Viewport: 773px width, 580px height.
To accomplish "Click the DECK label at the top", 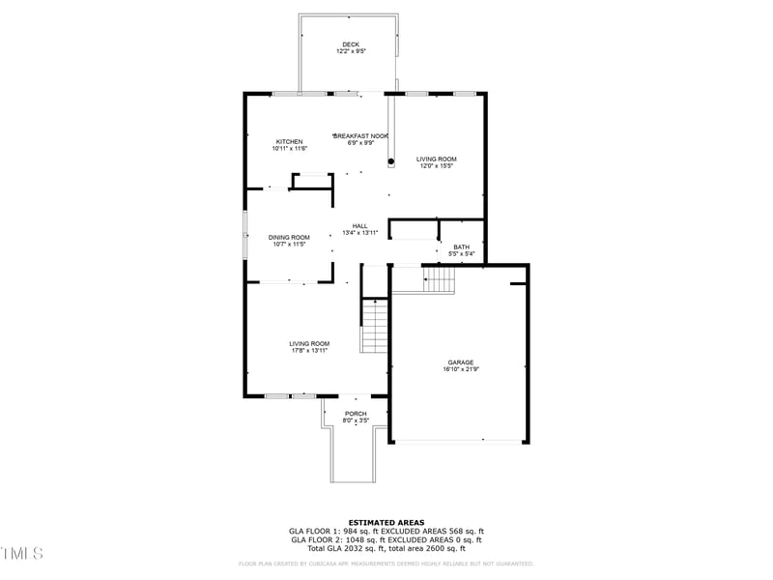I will [x=350, y=44].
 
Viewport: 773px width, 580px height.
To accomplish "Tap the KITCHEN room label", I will [x=289, y=141].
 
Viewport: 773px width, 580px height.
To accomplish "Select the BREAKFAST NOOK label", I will [x=361, y=136].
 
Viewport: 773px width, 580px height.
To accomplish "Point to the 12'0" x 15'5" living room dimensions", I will [x=437, y=166].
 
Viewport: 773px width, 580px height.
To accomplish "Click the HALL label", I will [x=359, y=225].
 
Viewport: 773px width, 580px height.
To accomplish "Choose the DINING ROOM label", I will [x=289, y=237].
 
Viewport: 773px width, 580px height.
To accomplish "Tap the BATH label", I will [x=462, y=246].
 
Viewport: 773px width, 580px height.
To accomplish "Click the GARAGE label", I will [x=460, y=362].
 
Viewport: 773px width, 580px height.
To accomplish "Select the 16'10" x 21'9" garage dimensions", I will [x=460, y=369].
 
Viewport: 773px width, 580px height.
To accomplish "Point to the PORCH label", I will [x=356, y=414].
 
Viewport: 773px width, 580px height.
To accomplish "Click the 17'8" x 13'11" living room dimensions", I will [x=309, y=351].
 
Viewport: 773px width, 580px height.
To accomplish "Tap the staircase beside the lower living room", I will [x=374, y=327].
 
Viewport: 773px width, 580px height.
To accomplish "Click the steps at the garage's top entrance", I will [x=440, y=279].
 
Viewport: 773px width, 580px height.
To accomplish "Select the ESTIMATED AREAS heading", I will [x=386, y=522].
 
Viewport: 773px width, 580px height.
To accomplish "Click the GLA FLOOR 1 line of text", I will [x=386, y=531].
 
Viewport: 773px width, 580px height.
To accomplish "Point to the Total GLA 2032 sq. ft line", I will [x=386, y=548].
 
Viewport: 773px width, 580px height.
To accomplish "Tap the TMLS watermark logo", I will [x=21, y=553].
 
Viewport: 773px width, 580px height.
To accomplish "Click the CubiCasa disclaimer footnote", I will [x=386, y=564].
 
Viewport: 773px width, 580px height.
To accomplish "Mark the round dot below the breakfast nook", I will [x=391, y=161].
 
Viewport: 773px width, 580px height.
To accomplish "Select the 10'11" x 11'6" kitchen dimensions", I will [x=289, y=149].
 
